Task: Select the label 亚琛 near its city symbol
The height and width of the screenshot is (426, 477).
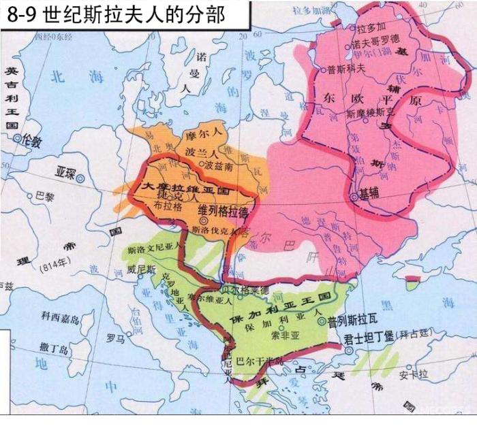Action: (x=67, y=172)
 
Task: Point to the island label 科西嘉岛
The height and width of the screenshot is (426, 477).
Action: (x=59, y=316)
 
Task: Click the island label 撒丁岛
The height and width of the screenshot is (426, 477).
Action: (x=55, y=348)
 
